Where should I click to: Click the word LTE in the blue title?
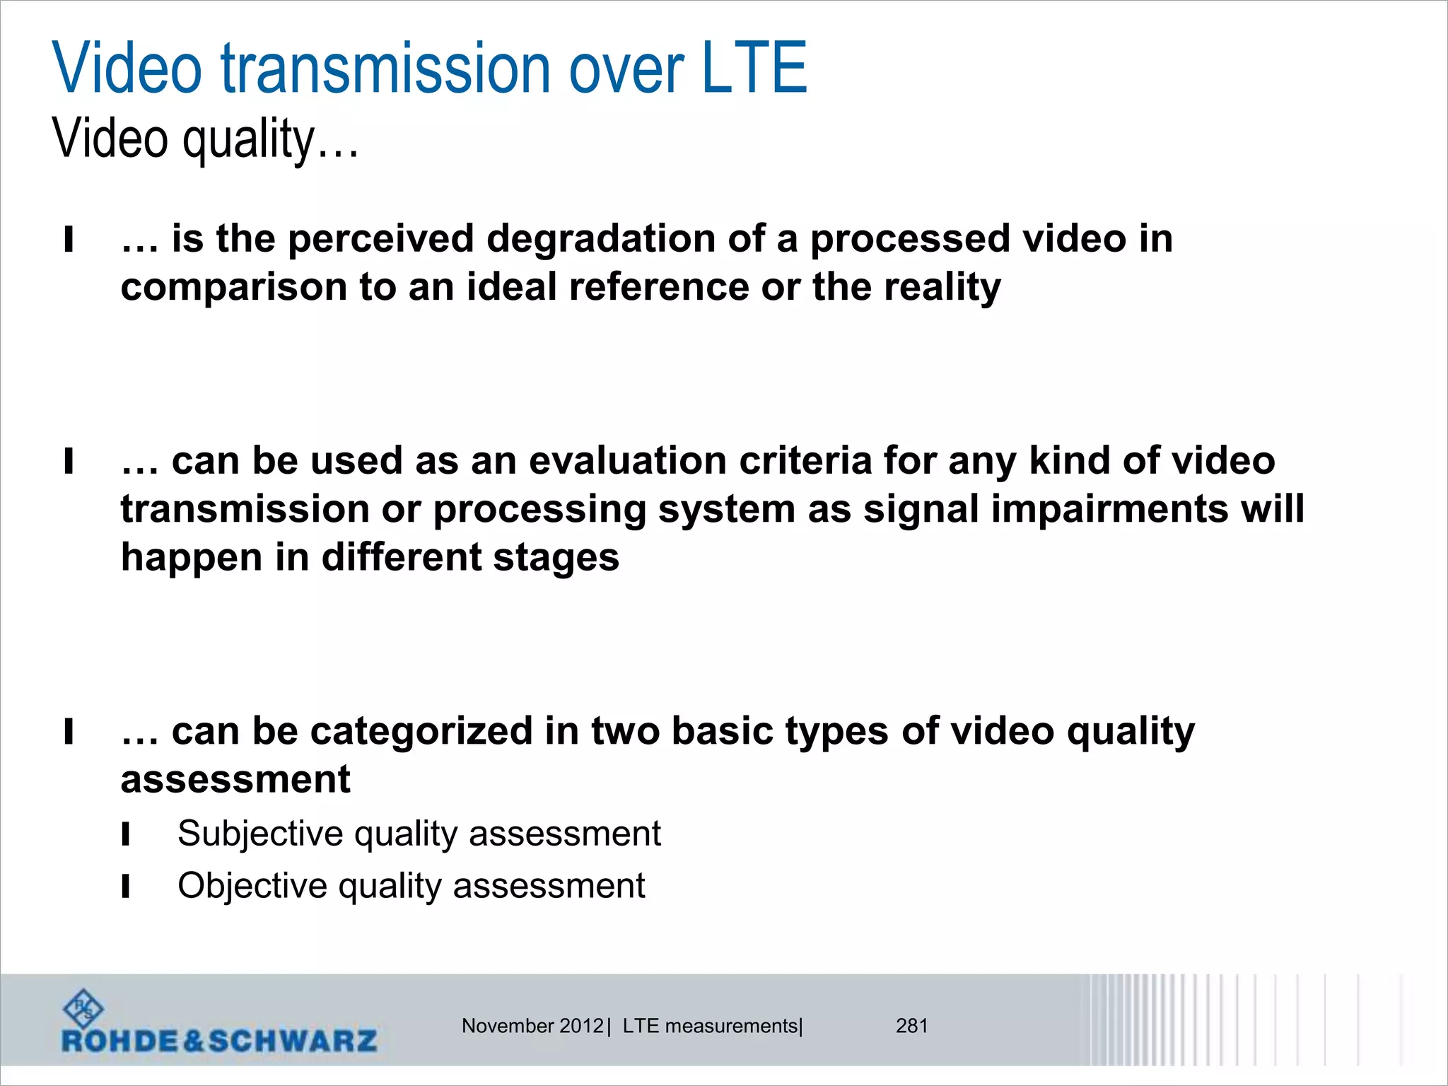tap(754, 69)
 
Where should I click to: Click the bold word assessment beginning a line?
tap(235, 779)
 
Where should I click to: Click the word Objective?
tap(252, 886)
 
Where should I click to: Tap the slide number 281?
tap(911, 1026)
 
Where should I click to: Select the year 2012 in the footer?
tap(581, 1026)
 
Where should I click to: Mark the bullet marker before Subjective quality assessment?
tap(126, 834)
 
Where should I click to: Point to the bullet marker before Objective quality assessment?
tap(126, 886)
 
